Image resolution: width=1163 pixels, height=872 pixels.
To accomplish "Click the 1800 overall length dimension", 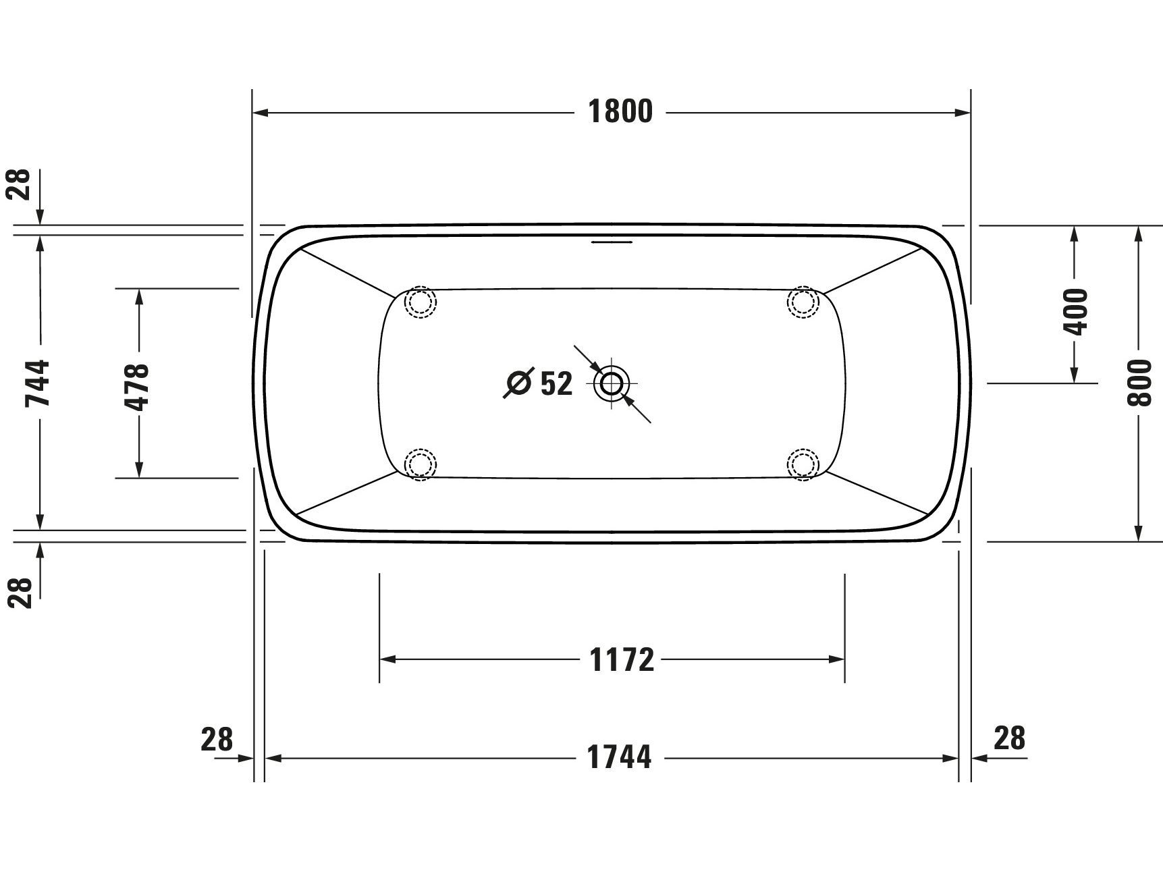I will point(620,112).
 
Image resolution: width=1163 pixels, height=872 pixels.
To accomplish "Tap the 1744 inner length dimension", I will point(620,758).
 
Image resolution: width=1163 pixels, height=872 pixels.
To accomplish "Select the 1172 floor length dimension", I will point(622,660).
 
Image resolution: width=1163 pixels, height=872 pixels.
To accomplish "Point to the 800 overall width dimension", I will point(1139,383).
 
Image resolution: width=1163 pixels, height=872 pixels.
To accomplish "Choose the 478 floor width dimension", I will point(138,387).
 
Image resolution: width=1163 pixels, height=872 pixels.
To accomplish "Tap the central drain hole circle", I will point(612,383).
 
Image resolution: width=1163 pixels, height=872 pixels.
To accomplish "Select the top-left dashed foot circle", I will point(420,302).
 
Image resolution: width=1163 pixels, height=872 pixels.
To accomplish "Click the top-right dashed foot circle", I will point(803,302).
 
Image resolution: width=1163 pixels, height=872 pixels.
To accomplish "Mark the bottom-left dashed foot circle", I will point(420,464).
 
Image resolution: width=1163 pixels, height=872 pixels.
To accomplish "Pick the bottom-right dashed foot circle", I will point(803,464).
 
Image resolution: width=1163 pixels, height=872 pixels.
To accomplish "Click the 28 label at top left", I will point(20,184).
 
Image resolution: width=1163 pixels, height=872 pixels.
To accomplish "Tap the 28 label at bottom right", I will point(1009,738).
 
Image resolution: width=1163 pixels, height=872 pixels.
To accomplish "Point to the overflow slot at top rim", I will point(612,240).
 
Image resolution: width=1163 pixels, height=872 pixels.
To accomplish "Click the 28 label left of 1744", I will point(217,740).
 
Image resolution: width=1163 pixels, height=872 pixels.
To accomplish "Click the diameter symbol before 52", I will point(518,383).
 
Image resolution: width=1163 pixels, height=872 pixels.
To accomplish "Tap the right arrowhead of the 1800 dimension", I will point(963,113).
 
